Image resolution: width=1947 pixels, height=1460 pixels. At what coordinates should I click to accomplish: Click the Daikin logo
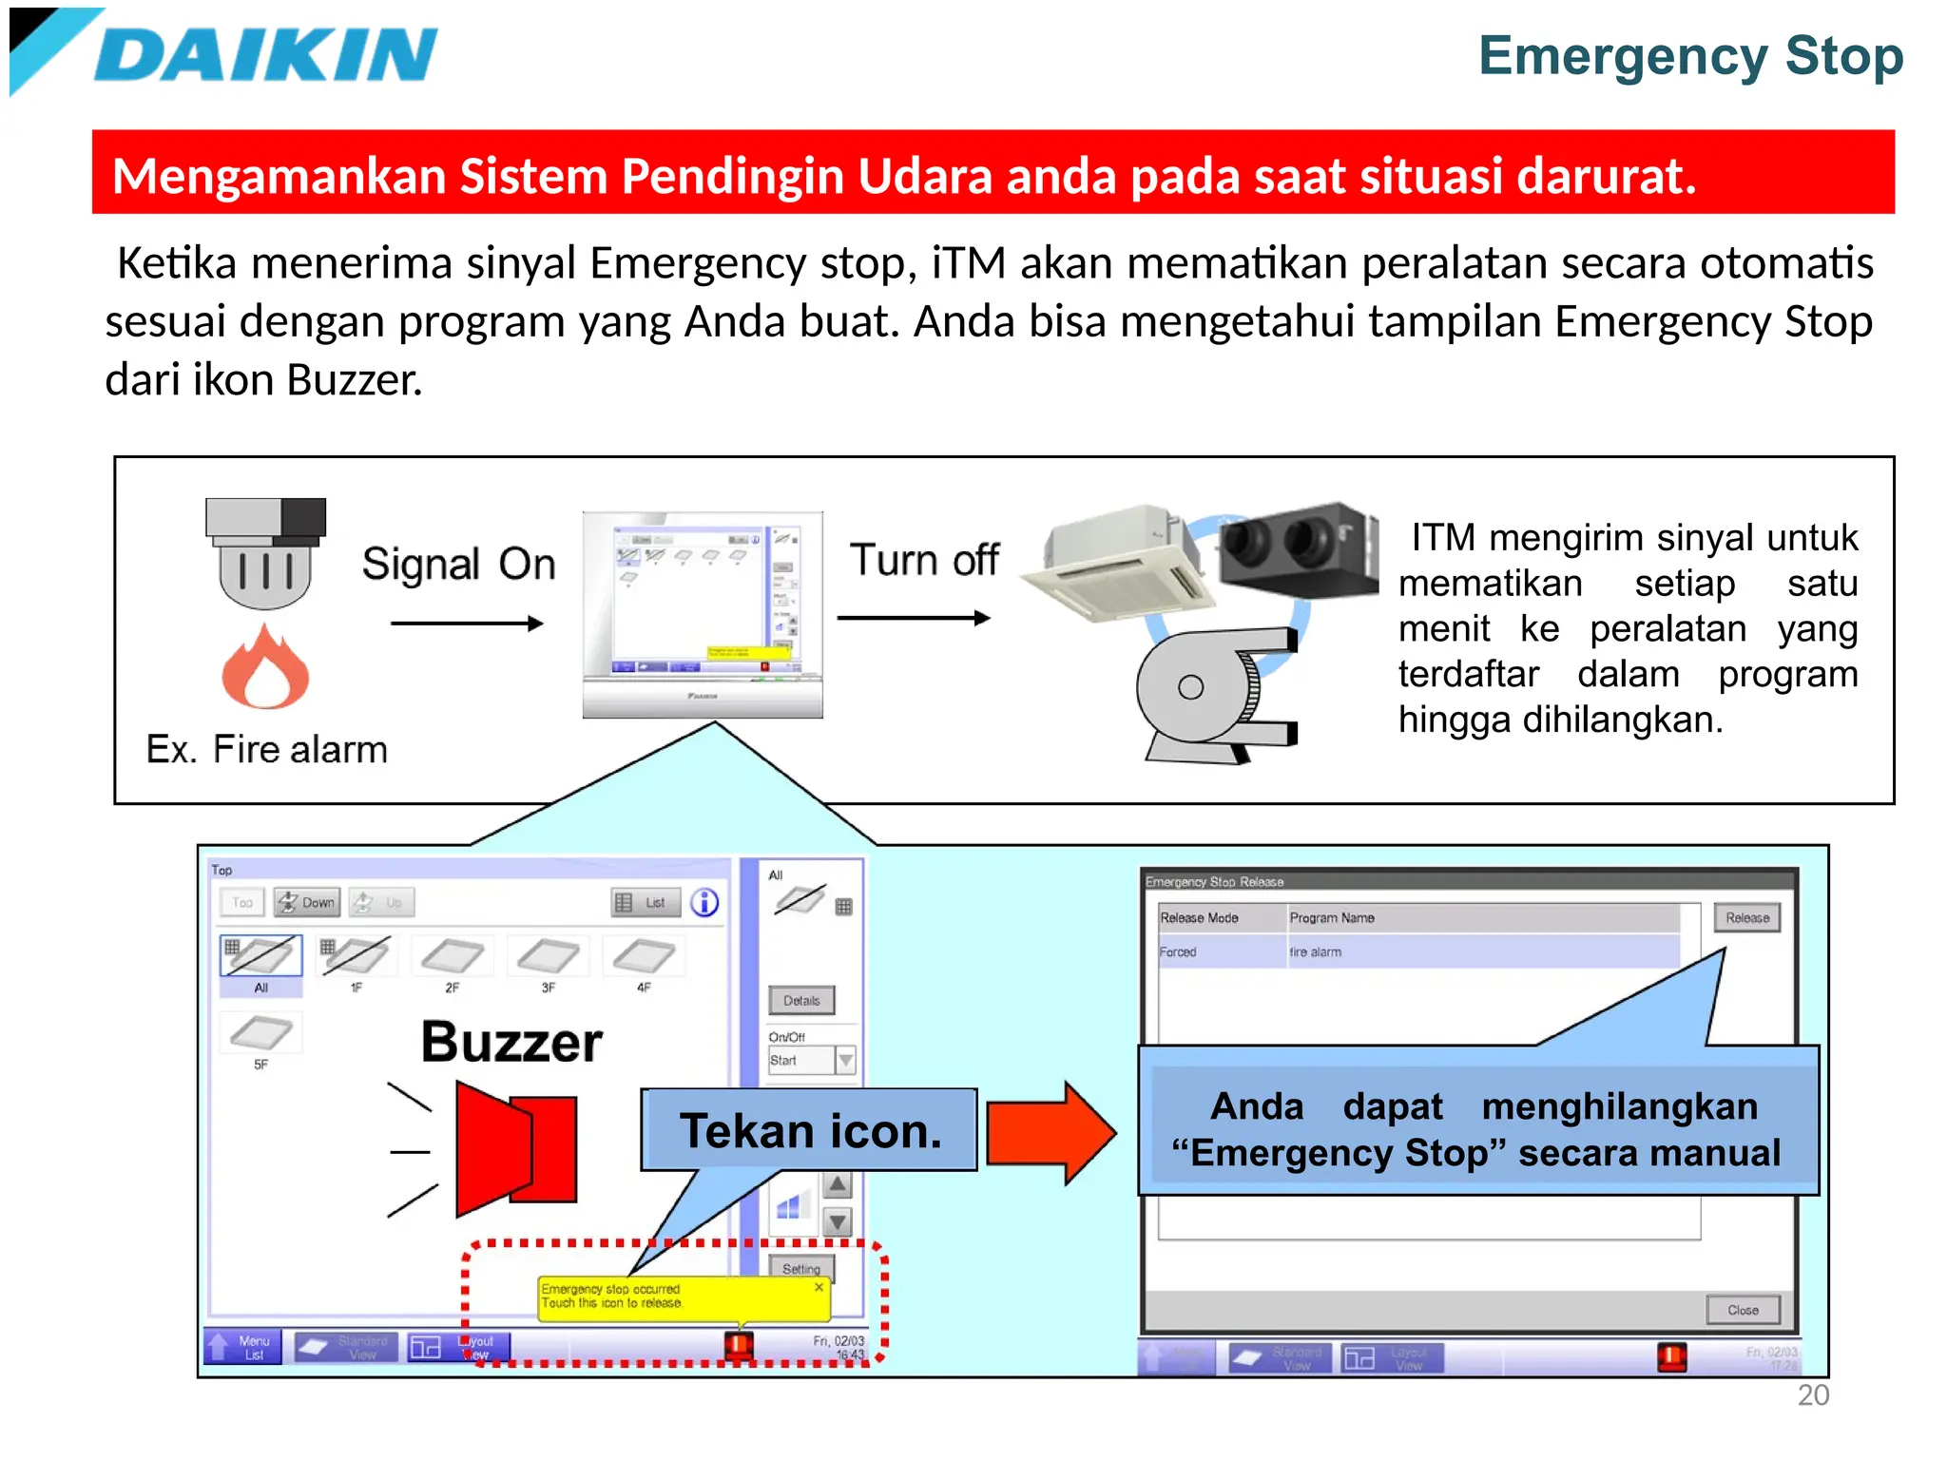tap(228, 53)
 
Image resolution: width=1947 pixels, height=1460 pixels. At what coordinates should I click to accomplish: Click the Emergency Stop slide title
tap(1690, 55)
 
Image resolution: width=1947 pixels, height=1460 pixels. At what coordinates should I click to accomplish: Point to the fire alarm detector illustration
tap(265, 553)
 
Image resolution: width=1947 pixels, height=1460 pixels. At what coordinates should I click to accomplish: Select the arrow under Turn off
tap(914, 618)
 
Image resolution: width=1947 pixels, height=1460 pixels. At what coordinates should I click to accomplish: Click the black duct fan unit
tap(1298, 549)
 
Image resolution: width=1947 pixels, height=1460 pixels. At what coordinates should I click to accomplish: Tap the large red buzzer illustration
tap(516, 1148)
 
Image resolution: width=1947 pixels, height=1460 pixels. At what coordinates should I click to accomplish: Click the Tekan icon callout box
tap(809, 1130)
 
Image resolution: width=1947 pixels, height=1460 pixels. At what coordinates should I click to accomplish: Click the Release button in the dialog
tap(1746, 918)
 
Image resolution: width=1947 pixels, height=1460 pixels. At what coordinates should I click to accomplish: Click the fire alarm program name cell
tap(1316, 952)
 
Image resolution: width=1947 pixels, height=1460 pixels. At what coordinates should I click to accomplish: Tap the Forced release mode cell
tap(1178, 952)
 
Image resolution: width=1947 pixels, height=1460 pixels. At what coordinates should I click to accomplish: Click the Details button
tap(801, 1001)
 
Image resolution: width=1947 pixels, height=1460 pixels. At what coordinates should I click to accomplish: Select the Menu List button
tap(243, 1347)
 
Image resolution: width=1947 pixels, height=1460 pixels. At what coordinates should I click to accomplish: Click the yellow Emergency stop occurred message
tap(683, 1297)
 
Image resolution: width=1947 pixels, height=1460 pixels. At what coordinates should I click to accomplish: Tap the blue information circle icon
tap(704, 902)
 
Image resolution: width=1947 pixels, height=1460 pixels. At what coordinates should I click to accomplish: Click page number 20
tap(1813, 1395)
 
